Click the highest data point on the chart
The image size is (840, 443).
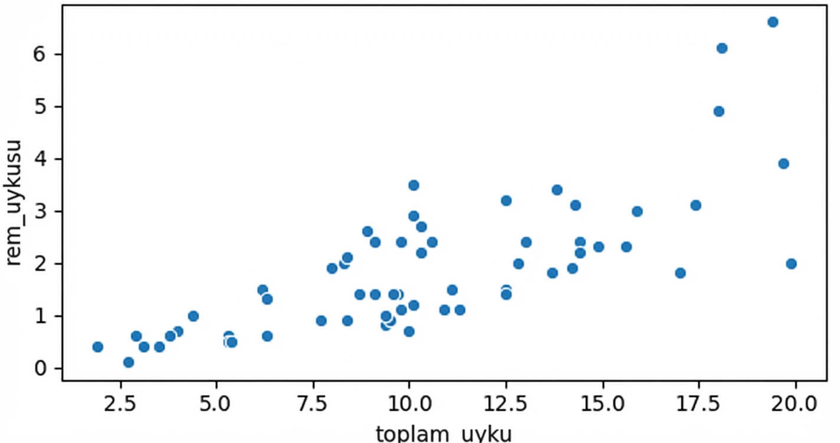coord(773,22)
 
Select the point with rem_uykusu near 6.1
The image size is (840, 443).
coord(722,48)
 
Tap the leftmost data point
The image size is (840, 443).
coord(98,347)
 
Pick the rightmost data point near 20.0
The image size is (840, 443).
coord(791,263)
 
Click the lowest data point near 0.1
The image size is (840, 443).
coord(129,362)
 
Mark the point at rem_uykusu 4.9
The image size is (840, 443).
coord(718,111)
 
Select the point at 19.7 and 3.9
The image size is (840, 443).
coord(783,164)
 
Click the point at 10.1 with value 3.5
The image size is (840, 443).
coord(414,185)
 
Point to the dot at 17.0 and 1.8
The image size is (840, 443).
coord(680,273)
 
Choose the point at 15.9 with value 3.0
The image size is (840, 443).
coord(637,211)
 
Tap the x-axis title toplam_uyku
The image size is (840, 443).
coord(444,434)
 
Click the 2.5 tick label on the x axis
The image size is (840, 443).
coord(120,405)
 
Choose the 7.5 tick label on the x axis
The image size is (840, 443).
coord(313,405)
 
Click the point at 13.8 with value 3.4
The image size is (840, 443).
coord(557,190)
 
